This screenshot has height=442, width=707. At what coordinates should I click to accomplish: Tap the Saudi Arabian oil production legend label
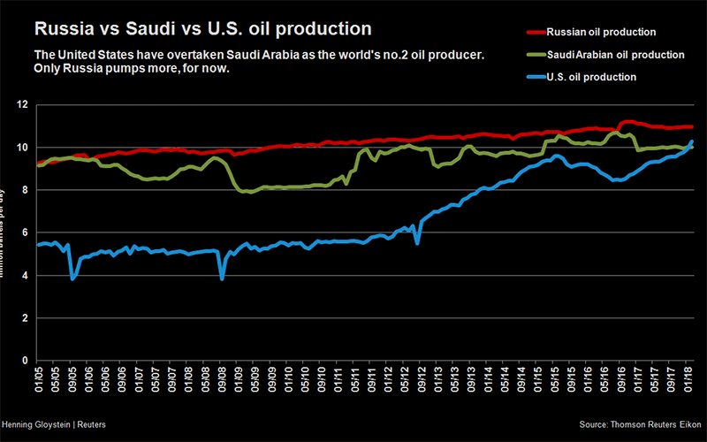coord(616,55)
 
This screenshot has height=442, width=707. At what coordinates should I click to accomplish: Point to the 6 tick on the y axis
coord(24,232)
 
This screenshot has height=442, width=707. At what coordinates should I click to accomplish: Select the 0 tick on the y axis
coord(24,361)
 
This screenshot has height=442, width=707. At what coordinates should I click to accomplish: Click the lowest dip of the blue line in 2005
coord(72,278)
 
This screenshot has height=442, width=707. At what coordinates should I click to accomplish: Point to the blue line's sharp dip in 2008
coord(222,278)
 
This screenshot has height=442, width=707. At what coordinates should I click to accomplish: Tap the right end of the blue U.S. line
coord(691,141)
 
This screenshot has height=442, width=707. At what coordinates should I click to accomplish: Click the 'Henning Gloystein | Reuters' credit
coord(54,425)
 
